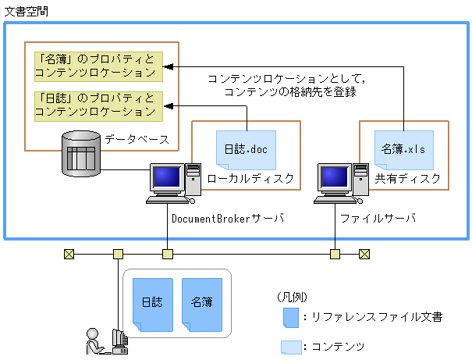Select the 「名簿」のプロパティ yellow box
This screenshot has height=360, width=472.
click(x=98, y=66)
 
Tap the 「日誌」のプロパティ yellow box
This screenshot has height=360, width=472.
click(x=98, y=105)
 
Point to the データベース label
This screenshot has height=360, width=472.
click(x=137, y=139)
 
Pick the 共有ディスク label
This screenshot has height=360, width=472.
click(x=407, y=179)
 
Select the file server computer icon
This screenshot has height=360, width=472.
click(x=339, y=182)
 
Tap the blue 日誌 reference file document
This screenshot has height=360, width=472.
click(x=152, y=302)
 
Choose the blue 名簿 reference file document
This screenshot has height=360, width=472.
click(x=201, y=302)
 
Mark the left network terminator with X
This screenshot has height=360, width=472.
click(x=69, y=253)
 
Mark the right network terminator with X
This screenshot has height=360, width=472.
click(x=364, y=253)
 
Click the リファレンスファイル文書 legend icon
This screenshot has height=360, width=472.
click(x=290, y=316)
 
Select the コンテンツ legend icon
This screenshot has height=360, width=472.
click(x=290, y=346)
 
